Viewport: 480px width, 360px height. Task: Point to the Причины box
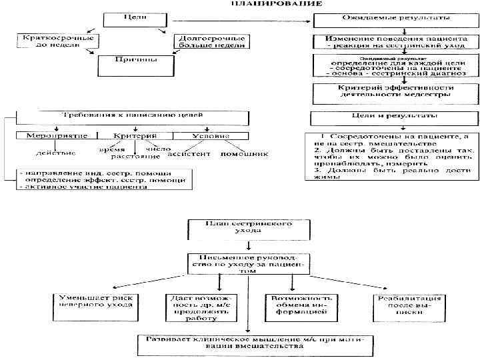135,64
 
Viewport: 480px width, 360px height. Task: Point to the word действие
56,154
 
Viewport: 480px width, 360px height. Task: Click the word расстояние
135,157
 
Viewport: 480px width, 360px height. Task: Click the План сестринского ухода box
247,229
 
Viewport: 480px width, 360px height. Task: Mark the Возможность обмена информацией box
301,307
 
